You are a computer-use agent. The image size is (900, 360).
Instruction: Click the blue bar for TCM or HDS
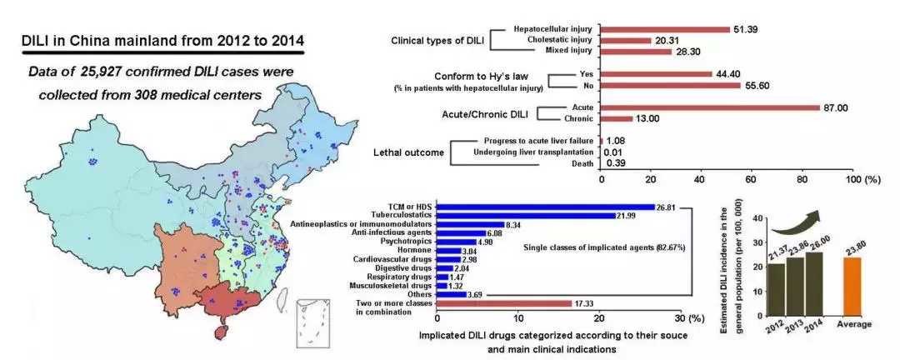pos(546,207)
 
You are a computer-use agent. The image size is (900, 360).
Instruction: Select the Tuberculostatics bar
pos(525,216)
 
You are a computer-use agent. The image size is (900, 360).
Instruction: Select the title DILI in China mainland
pos(163,40)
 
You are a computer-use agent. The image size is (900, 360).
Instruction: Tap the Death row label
pos(581,163)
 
